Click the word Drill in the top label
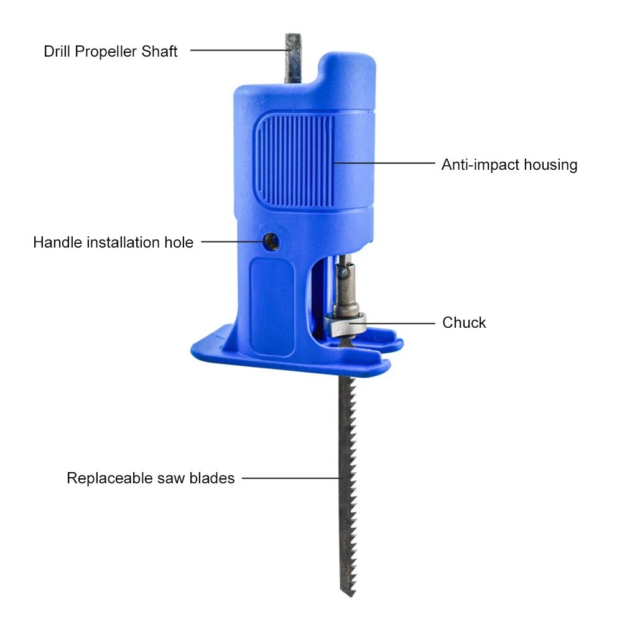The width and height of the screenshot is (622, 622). pyautogui.click(x=57, y=52)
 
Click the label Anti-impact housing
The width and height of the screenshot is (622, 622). pyautogui.click(x=509, y=165)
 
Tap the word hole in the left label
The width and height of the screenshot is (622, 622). pyautogui.click(x=179, y=243)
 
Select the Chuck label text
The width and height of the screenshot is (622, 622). pyautogui.click(x=464, y=323)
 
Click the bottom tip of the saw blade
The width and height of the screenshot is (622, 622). pyautogui.click(x=346, y=591)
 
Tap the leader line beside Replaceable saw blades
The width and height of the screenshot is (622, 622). pyautogui.click(x=291, y=478)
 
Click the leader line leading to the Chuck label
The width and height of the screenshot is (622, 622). pyautogui.click(x=398, y=322)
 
